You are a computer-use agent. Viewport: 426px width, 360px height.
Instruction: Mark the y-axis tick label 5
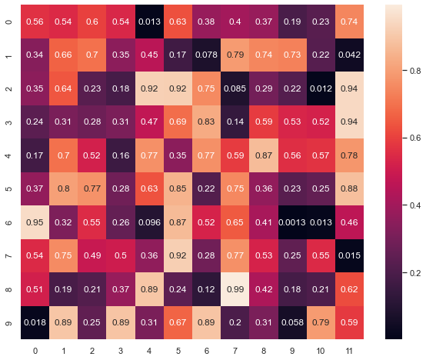[8, 188]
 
